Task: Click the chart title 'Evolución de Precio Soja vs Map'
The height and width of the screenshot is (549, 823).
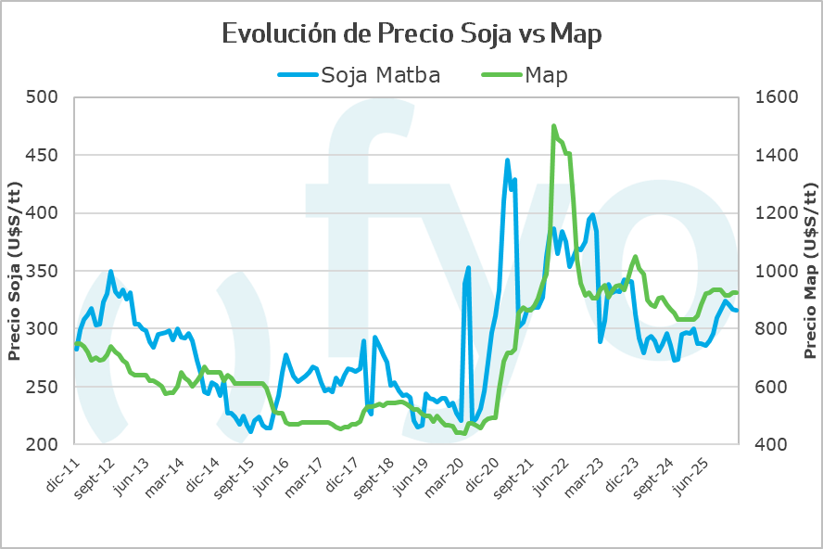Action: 411,34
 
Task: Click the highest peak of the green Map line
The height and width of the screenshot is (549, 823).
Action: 553,126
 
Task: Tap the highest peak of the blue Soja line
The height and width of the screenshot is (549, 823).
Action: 507,160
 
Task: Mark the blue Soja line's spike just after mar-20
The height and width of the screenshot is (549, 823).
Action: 469,268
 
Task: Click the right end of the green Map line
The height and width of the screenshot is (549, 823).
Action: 737,293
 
